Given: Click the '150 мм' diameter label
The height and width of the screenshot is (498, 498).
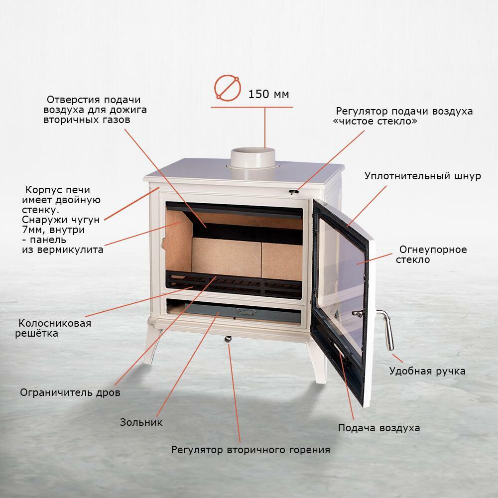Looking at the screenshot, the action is pos(268,94).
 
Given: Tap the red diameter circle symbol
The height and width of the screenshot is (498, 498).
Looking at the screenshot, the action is pos(227,88).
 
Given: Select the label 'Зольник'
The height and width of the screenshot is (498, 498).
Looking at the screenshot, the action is pos(141,422).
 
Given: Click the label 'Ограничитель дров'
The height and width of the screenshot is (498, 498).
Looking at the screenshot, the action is pos(70,392).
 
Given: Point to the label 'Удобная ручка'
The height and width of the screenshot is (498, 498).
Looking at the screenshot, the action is pos(427,372).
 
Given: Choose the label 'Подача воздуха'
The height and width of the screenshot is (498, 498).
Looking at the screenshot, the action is pos(379,428).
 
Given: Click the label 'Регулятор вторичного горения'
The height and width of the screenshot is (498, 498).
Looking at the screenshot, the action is pos(250,450).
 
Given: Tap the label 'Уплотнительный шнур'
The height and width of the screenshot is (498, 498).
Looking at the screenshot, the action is pos(423,176).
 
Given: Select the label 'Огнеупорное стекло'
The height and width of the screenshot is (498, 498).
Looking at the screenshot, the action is pos(431,254).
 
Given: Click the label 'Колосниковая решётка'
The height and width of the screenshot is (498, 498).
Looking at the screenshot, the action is pos(53,328).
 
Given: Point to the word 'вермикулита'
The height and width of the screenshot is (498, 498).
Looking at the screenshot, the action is pos(70,250).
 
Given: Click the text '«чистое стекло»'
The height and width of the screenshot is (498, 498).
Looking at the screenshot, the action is pos(375,122).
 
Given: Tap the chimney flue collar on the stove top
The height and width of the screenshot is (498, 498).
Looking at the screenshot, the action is pos(253,158).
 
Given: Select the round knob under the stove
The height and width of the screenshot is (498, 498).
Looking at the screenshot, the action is pos(228,339).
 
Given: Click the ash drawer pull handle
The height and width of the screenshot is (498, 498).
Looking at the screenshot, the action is pos(247,311).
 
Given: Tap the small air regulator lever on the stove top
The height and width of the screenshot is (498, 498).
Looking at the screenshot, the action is pos(294,192).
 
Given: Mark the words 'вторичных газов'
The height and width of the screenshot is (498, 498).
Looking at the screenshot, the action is pos(87,120).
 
